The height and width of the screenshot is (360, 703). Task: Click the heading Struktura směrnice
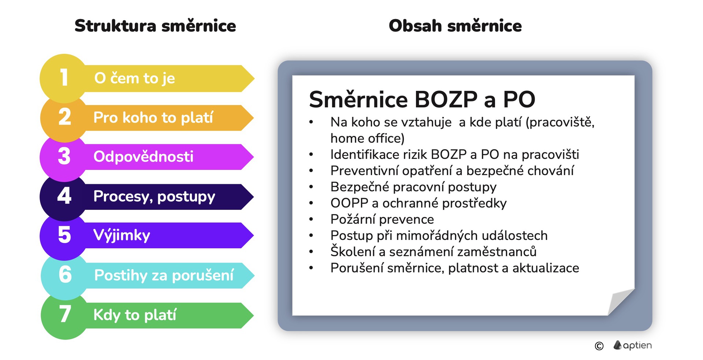point(155,26)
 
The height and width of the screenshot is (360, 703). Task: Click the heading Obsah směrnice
point(455,26)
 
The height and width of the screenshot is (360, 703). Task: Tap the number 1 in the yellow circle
point(64,78)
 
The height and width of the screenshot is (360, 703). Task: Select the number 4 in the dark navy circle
point(64,196)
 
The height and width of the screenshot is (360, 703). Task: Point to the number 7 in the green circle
point(65,314)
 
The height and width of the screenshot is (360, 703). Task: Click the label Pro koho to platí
point(153,118)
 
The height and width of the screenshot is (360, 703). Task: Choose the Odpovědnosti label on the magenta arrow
point(144,157)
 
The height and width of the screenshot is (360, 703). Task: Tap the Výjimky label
point(122,235)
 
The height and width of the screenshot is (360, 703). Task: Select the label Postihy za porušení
point(164,275)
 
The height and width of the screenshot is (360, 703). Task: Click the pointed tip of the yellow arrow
point(254,78)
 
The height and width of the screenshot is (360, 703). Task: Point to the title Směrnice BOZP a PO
point(422,99)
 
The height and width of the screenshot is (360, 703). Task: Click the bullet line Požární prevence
point(382,219)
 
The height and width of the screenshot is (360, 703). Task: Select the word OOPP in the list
point(349,203)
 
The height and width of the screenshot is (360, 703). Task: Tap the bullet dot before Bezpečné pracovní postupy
point(311,187)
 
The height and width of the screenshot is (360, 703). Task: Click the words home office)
point(368,138)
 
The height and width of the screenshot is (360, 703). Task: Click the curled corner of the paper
point(621,301)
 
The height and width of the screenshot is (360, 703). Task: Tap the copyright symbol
point(599,346)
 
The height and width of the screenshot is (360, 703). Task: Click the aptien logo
point(633,345)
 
